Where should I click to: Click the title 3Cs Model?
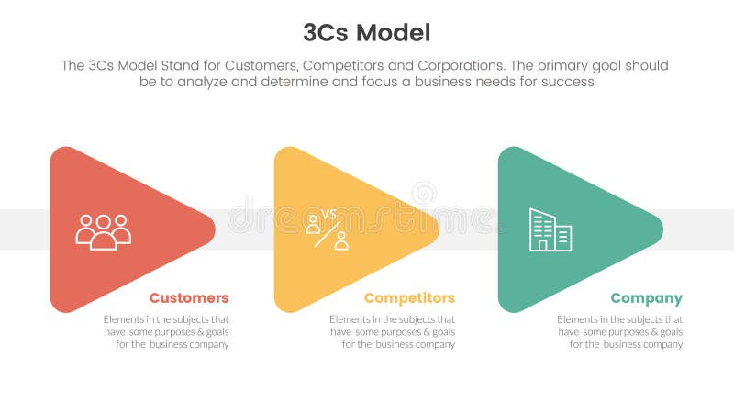point(366,33)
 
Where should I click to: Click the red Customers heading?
point(189,298)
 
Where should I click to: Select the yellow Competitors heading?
point(409,298)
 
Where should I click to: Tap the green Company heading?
point(646,298)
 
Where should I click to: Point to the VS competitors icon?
point(327,229)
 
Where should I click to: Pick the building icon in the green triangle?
point(550,229)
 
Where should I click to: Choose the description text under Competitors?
point(392,331)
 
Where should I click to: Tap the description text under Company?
point(619,331)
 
